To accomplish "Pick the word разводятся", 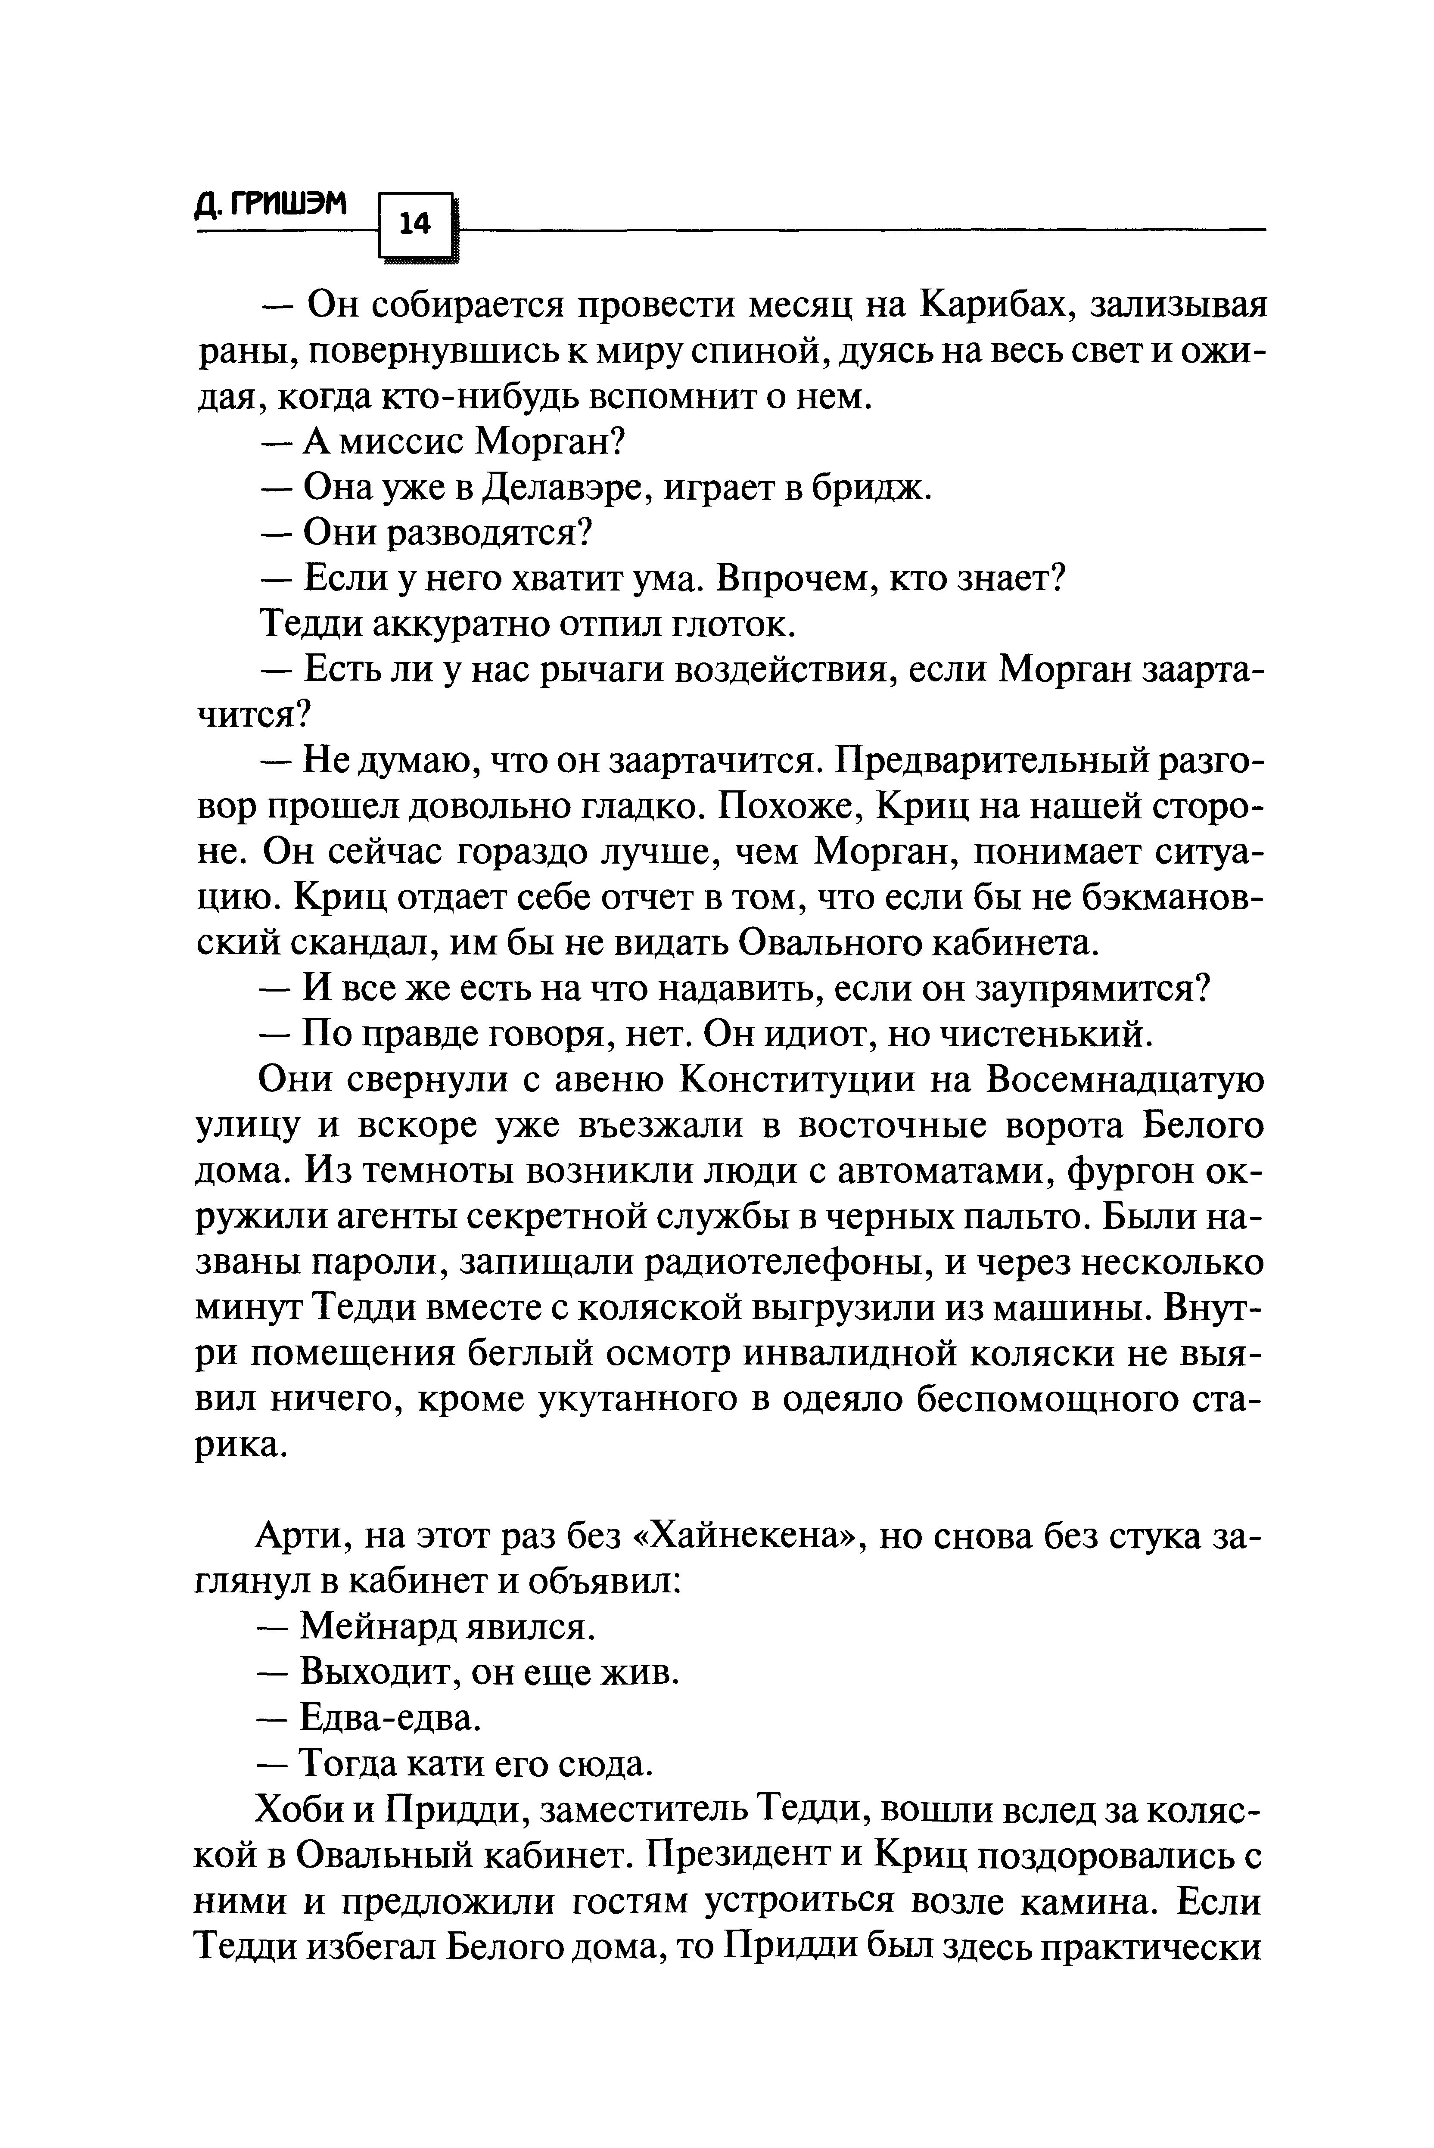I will click(485, 533).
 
